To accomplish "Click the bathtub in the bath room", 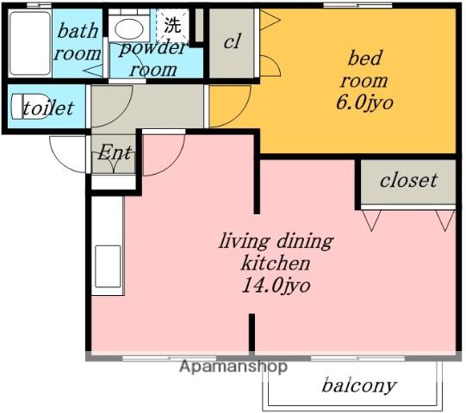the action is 30,43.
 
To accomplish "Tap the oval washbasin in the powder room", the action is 129,28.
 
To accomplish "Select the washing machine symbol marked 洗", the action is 172,25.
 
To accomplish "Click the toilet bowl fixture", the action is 30,107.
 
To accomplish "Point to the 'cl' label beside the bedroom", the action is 232,41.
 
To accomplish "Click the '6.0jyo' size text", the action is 364,102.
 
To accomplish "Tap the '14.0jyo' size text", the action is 276,286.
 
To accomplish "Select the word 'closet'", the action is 408,180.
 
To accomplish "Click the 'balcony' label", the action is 359,385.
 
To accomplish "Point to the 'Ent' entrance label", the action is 115,152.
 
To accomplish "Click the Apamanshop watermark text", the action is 233,366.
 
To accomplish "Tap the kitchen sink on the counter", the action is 108,267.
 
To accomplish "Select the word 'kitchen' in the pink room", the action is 276,263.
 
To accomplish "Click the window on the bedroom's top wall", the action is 357,5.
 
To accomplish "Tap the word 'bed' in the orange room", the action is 364,58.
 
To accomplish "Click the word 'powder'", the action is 153,47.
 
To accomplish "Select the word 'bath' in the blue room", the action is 78,31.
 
